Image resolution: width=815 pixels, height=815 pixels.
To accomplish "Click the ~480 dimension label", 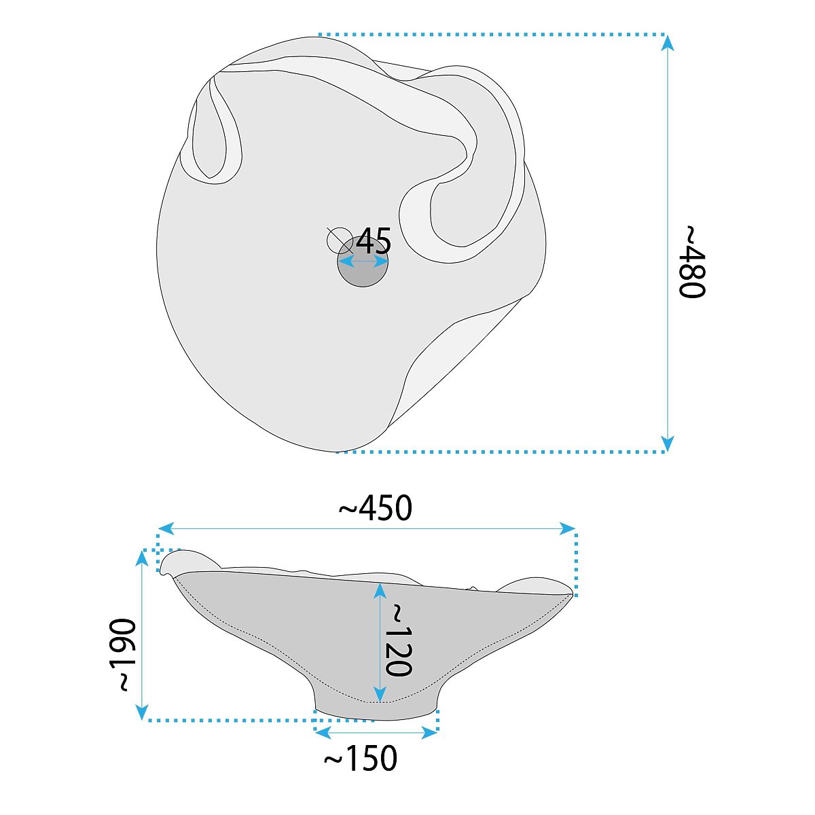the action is pyautogui.click(x=692, y=261).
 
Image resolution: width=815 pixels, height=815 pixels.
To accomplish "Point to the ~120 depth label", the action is pyautogui.click(x=398, y=640).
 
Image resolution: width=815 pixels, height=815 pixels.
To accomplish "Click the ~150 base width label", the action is pyautogui.click(x=361, y=759).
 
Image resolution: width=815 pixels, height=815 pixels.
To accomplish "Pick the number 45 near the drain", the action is pyautogui.click(x=374, y=241).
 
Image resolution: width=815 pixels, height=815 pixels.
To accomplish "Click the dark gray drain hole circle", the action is pyautogui.click(x=363, y=261).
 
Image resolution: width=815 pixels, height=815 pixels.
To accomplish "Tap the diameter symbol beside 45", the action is pyautogui.click(x=340, y=240).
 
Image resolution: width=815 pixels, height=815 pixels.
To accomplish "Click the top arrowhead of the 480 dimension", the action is pyautogui.click(x=667, y=43).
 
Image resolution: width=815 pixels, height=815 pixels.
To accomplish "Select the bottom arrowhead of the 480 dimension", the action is pyautogui.click(x=667, y=444).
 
